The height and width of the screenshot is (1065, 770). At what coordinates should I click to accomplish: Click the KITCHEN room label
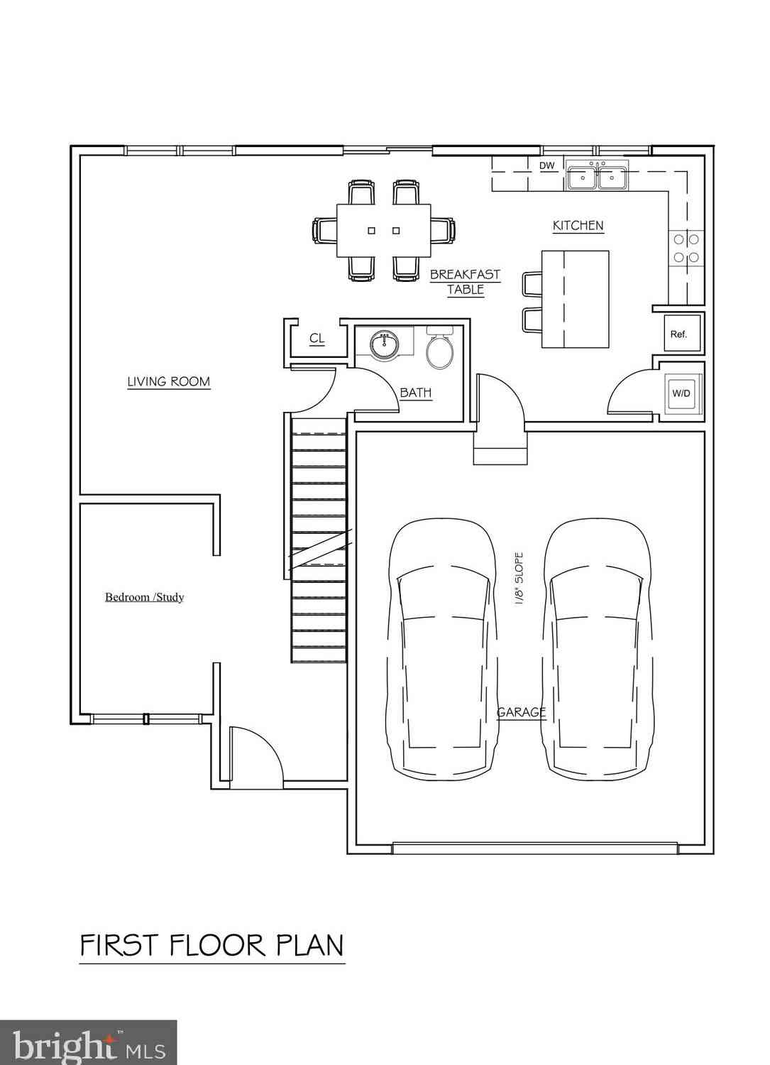(578, 225)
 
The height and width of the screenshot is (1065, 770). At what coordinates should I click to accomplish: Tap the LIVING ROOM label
(169, 381)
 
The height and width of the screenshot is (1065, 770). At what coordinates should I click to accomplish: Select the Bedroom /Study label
(145, 596)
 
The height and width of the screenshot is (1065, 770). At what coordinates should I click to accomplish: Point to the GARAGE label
(522, 711)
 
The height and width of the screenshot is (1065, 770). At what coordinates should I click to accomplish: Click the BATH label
(416, 393)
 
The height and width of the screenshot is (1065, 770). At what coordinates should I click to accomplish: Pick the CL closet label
(317, 338)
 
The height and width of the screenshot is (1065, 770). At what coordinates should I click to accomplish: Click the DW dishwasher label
(547, 165)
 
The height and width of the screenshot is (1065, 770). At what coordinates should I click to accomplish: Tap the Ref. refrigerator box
(682, 333)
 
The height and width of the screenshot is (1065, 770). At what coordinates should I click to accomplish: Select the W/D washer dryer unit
(681, 393)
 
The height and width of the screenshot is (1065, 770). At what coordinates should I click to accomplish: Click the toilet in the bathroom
(440, 348)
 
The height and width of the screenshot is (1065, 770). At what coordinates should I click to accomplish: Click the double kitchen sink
(597, 175)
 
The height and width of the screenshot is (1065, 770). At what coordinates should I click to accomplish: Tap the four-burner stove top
(686, 248)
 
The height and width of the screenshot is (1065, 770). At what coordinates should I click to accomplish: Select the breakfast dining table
(383, 231)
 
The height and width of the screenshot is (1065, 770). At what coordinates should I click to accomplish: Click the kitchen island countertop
(576, 299)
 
